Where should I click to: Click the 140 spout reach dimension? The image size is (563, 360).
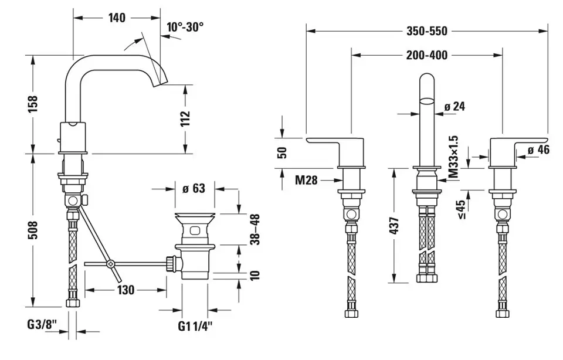click(x=117, y=18)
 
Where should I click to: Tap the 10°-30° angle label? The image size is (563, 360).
click(x=185, y=27)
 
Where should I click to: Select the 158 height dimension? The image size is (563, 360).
click(x=33, y=104)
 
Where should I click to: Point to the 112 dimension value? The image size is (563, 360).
click(x=185, y=119)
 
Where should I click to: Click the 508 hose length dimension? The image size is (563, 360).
click(x=33, y=230)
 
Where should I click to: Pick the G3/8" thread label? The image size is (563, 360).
click(x=42, y=325)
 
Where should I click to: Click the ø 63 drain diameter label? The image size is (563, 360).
click(x=194, y=188)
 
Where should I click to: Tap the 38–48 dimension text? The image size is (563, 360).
click(x=255, y=229)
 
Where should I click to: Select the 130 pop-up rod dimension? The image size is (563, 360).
click(x=126, y=290)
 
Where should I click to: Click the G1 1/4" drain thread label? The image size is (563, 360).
click(x=195, y=326)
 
